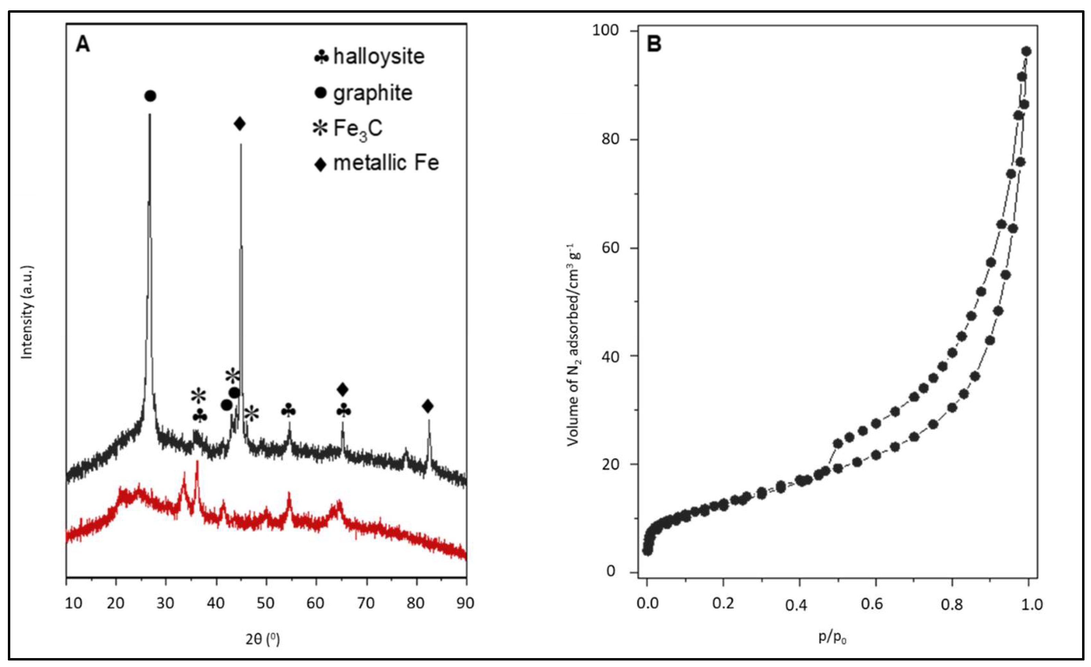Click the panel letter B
[x=654, y=44]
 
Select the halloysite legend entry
[x=370, y=57]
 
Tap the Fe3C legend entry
[x=348, y=128]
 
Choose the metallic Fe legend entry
[x=377, y=163]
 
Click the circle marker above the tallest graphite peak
[x=150, y=96]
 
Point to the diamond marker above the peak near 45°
[x=240, y=124]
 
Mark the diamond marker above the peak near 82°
[x=427, y=406]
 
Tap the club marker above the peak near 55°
[x=288, y=411]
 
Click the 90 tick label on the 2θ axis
[x=465, y=603]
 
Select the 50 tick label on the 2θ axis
[x=266, y=603]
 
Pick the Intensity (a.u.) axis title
[x=27, y=312]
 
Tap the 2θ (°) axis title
[x=263, y=639]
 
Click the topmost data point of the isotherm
[x=1026, y=51]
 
